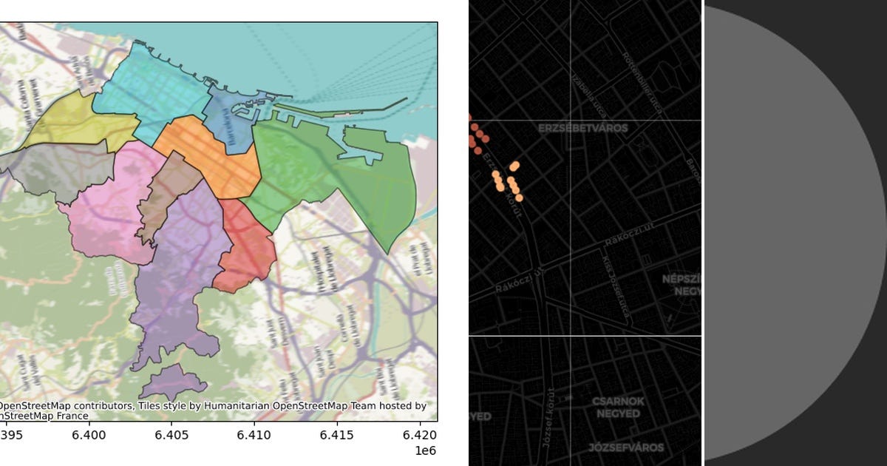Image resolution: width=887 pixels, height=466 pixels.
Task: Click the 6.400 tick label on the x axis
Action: pos(89,436)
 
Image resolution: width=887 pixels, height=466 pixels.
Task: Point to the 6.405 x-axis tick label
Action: pos(171,436)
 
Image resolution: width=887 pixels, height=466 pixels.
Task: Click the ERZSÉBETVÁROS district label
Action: pos(582,128)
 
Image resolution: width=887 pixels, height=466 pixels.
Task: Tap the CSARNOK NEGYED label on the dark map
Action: pos(618,408)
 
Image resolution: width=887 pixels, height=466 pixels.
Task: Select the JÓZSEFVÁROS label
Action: pos(626,448)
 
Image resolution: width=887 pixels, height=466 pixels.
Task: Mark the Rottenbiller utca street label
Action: pos(641,82)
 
